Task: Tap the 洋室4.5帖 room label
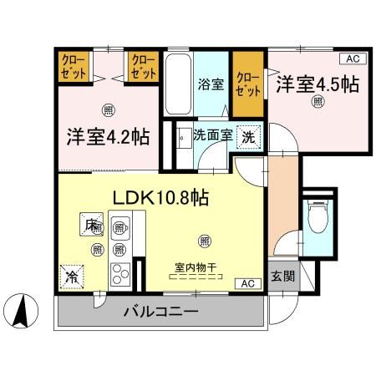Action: point(320,84)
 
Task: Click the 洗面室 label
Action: point(212,135)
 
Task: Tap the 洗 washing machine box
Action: point(250,135)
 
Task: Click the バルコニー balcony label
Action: point(161,312)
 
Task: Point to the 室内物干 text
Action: point(195,267)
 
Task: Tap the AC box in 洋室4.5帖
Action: point(354,58)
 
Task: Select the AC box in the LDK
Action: point(248,283)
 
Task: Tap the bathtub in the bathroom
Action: point(176,84)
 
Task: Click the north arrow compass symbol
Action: point(23,312)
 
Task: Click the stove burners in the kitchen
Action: point(120,273)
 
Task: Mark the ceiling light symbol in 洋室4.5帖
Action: point(318,101)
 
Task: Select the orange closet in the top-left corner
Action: point(72,66)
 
